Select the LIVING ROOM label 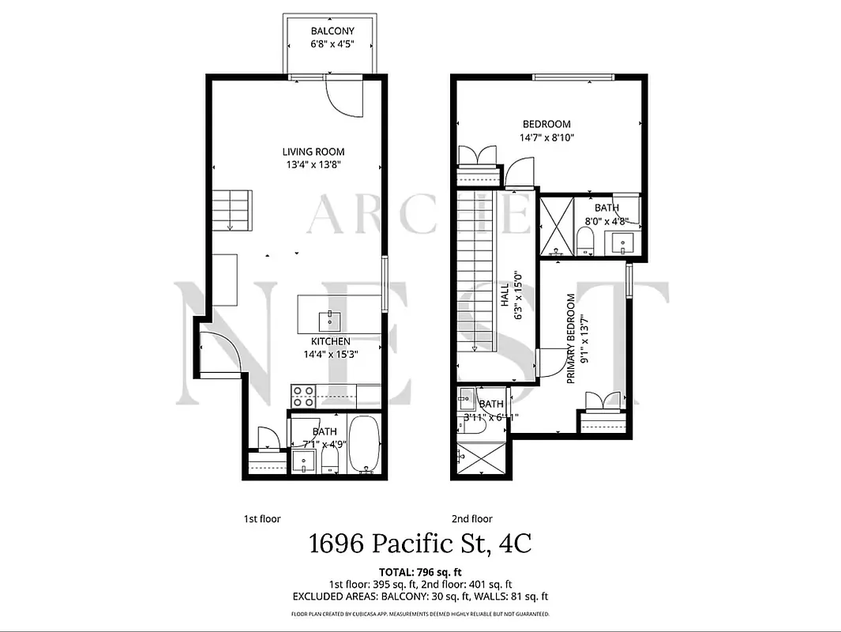point(313,152)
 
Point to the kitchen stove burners point(303,390)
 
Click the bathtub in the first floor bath point(364,444)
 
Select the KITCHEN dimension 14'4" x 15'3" point(330,354)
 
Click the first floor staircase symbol point(232,210)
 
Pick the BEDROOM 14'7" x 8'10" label point(546,130)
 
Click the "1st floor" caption point(261,519)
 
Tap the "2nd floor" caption point(471,519)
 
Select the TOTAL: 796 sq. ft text point(420,570)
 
